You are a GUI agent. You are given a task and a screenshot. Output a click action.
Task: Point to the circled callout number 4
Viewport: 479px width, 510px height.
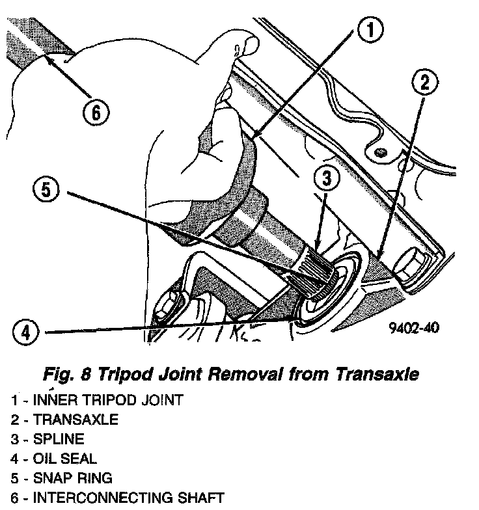tap(24, 332)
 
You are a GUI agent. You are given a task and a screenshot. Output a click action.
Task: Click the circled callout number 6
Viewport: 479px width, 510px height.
tap(95, 112)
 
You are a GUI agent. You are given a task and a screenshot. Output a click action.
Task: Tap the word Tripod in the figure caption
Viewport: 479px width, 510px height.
tap(138, 375)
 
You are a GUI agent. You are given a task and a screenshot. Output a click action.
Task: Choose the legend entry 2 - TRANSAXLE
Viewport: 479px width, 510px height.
tap(64, 420)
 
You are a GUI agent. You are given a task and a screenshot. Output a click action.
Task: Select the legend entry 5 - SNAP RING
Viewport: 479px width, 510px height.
tap(62, 478)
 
